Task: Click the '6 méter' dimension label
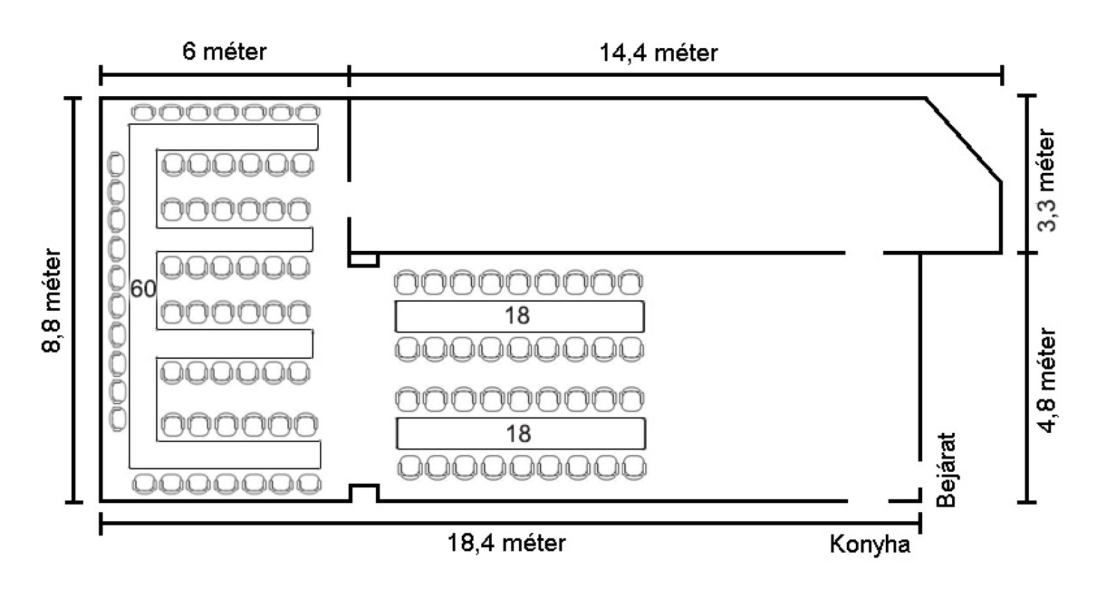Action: click(x=224, y=52)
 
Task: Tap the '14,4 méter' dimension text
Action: click(x=658, y=53)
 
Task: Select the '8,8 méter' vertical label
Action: click(x=53, y=301)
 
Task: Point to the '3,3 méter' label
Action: click(x=1047, y=180)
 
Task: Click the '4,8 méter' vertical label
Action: click(x=1047, y=381)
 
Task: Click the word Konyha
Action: click(x=870, y=544)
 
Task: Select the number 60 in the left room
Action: click(x=143, y=289)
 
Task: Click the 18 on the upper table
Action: click(x=517, y=316)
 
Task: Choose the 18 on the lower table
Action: click(x=518, y=434)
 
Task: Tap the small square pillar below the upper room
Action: click(x=363, y=260)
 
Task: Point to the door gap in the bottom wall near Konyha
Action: click(x=868, y=501)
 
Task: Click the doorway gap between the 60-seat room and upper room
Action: click(x=349, y=200)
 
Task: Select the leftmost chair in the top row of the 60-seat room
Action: click(x=143, y=112)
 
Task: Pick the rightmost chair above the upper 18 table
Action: click(x=631, y=283)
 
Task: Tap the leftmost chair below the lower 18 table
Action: click(x=410, y=467)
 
